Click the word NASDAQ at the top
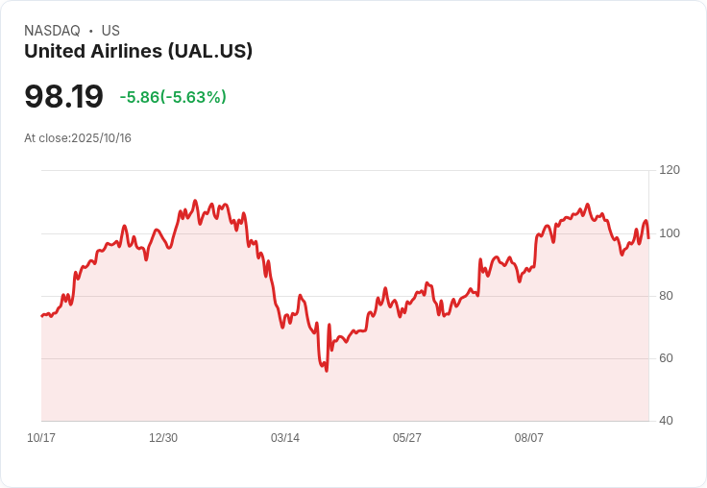tap(52, 31)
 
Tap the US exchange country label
tap(110, 31)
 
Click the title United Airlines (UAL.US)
tap(138, 52)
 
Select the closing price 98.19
tap(63, 97)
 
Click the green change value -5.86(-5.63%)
tap(173, 97)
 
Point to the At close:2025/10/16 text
tap(78, 138)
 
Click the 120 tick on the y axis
tap(670, 170)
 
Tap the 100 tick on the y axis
tap(670, 233)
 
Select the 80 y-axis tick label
tap(666, 296)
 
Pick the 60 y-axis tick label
tap(666, 358)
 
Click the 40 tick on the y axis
tap(666, 421)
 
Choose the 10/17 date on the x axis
tap(41, 438)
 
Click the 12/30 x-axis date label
tap(163, 438)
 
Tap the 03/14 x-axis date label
tap(285, 438)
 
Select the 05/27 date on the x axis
tap(407, 438)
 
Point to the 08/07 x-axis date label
tap(529, 438)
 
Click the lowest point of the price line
tap(327, 371)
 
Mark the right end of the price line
tap(648, 237)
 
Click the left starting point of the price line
tap(41, 315)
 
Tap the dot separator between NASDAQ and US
tap(91, 31)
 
